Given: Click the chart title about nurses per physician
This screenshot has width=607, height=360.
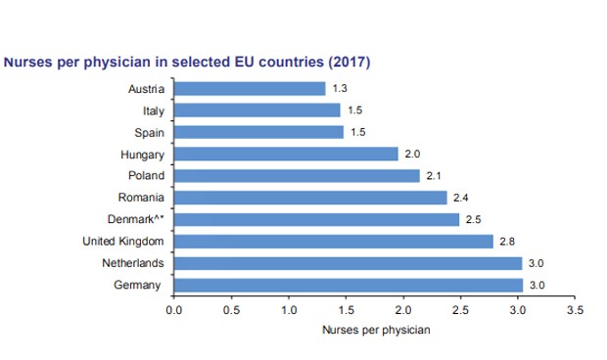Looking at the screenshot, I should (x=188, y=62).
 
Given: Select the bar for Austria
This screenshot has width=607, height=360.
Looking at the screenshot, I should (x=250, y=89).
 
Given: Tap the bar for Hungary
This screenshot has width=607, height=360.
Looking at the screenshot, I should (x=286, y=154).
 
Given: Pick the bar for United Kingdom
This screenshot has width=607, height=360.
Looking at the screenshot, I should (x=334, y=241).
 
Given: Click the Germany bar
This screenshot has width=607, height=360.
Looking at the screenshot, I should (x=349, y=285).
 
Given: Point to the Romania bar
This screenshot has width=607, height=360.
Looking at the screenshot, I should (x=310, y=198).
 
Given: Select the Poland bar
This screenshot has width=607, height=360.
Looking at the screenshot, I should (x=296, y=176).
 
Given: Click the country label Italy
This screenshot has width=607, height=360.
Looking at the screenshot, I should (x=152, y=111).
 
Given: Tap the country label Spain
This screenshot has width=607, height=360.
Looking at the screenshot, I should (x=148, y=132).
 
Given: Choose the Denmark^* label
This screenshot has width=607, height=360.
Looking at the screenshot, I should (x=136, y=219).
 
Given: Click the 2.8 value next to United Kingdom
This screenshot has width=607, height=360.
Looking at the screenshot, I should (x=508, y=241).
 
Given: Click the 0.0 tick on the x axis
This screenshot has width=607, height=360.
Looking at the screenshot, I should (x=174, y=310).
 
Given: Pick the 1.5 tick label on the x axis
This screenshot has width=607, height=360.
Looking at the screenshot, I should (x=346, y=310).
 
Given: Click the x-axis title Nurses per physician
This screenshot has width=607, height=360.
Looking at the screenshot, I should (x=376, y=330).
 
